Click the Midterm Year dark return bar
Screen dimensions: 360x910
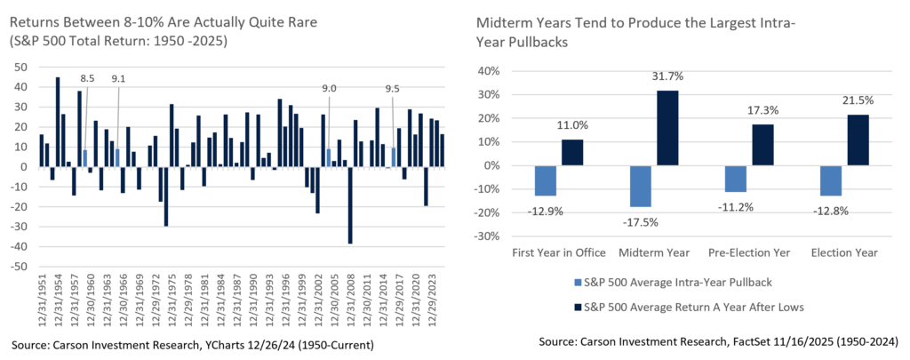pyautogui.click(x=667, y=127)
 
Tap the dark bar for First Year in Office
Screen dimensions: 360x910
pyautogui.click(x=571, y=152)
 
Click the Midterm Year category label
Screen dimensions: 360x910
pyautogui.click(x=654, y=253)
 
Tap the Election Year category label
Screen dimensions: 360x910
pyautogui.click(x=844, y=253)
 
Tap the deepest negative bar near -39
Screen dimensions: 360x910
pyautogui.click(x=350, y=205)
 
